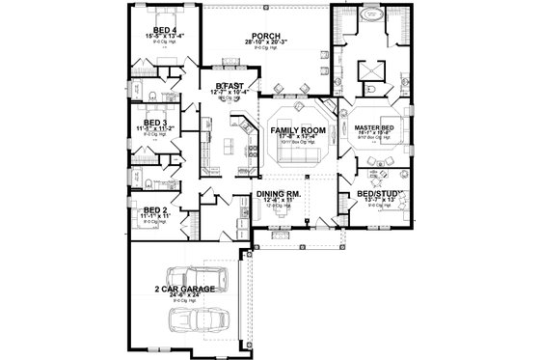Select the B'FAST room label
point(228,85)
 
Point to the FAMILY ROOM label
point(296,128)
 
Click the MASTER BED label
point(371,129)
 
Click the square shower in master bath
point(370,71)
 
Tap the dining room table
point(282,217)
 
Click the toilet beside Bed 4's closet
point(154,95)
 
